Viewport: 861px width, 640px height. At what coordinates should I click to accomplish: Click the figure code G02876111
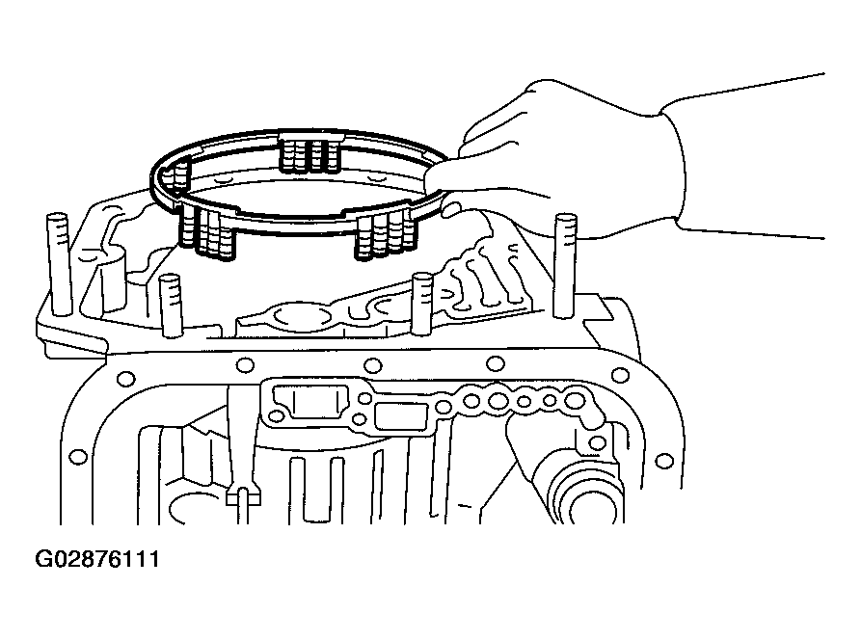[97, 561]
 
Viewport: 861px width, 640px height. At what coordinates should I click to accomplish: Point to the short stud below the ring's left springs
[172, 304]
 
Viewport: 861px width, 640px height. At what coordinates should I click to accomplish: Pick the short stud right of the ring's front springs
[421, 301]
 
